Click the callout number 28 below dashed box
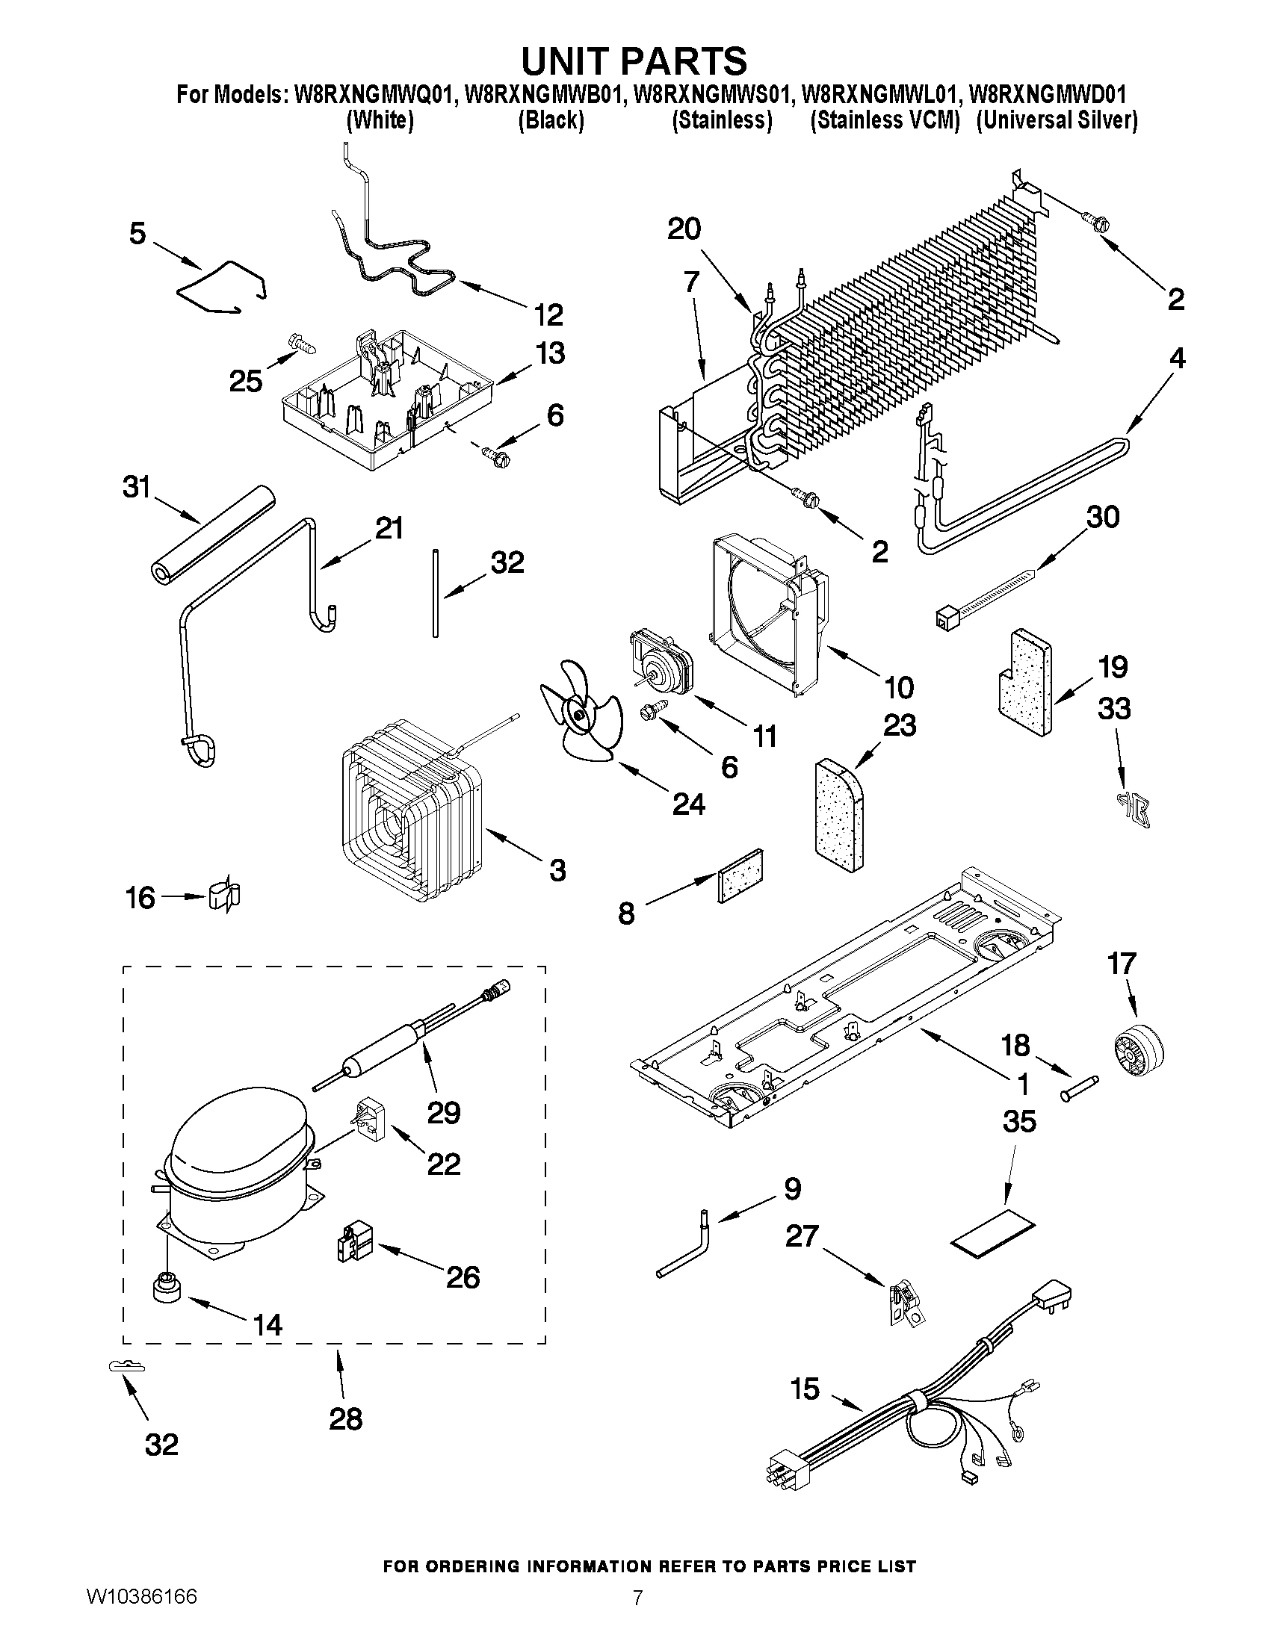click(x=346, y=1419)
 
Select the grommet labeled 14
click(x=167, y=1288)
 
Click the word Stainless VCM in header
click(x=884, y=120)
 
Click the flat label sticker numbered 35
click(x=992, y=1235)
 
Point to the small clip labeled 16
click(x=223, y=896)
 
